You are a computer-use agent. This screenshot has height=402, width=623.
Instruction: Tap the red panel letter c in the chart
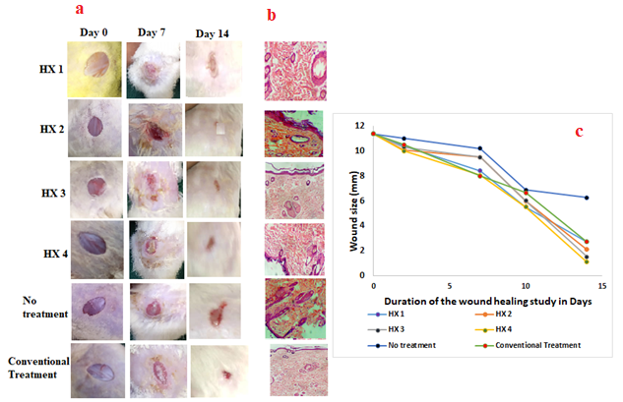[x=579, y=131]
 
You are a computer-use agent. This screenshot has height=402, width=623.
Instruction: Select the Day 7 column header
[x=153, y=32]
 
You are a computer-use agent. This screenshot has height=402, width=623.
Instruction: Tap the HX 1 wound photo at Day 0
[x=94, y=67]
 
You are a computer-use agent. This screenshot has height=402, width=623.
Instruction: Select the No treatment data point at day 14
[x=587, y=198]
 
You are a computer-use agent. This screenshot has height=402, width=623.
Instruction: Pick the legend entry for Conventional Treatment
[x=535, y=344]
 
